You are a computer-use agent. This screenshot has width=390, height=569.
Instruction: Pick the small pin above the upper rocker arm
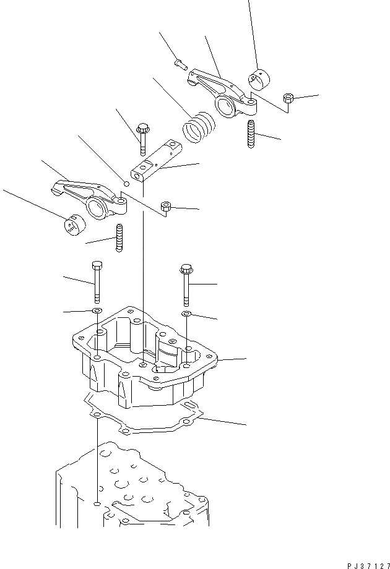pos(180,62)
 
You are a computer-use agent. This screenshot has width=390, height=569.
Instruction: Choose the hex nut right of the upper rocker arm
pos(288,99)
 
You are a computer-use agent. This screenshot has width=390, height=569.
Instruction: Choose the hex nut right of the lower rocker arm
pos(166,208)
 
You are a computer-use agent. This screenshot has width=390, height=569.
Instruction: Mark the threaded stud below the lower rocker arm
pos(118,238)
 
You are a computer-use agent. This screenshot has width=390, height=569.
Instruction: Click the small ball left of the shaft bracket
pos(126,183)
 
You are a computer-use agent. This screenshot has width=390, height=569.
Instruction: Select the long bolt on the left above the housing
pos(95,281)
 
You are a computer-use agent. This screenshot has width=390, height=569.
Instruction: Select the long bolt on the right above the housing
pos(186,284)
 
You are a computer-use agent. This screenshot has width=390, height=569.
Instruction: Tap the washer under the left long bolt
pos(97,309)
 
